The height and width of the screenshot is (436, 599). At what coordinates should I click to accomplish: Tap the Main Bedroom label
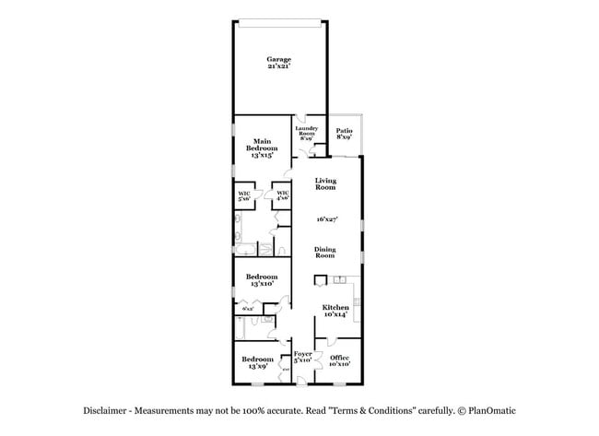coord(261,147)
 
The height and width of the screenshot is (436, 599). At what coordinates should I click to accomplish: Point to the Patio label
coord(344,134)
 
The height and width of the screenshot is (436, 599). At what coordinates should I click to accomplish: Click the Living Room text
coord(325,183)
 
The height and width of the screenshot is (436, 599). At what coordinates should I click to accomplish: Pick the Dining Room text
coord(325,252)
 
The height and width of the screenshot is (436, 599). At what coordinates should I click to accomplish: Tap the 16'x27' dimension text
coord(326,219)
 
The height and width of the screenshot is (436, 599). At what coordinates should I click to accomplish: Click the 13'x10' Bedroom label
coord(261,280)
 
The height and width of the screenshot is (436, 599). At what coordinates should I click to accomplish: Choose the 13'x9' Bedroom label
coord(257,362)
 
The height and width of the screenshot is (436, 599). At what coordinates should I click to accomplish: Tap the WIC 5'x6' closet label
coord(245,195)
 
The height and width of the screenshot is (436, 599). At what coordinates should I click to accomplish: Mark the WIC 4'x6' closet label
coord(283,195)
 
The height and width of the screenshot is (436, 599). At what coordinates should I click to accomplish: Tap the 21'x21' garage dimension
coord(279,66)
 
